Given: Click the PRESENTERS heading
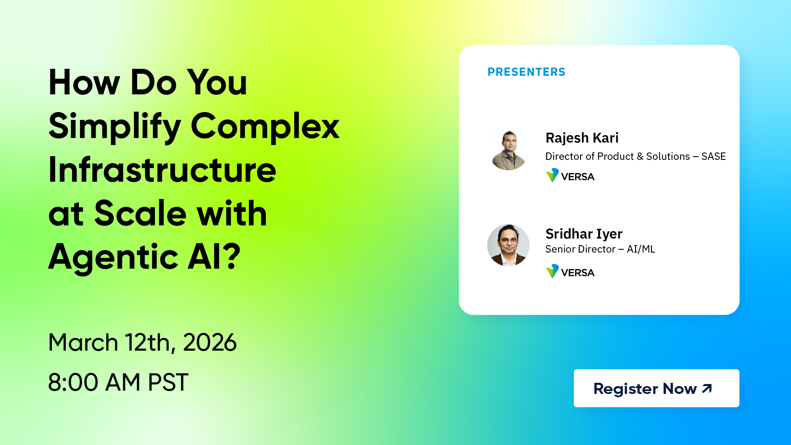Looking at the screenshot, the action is coord(526,72).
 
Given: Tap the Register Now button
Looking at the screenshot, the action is coord(656,388).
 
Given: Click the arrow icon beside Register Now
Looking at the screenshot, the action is coord(707,389).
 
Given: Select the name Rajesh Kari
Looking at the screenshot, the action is coord(582,138).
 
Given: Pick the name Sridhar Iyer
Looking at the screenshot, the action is coord(584,234).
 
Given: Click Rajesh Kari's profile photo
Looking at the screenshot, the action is coord(508,150).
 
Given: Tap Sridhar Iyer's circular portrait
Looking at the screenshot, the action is coord(508,245).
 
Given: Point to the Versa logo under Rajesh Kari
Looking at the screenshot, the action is coord(570,176).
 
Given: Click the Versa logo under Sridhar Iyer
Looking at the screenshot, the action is coord(570,272).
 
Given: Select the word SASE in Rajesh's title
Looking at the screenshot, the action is coord(714,157).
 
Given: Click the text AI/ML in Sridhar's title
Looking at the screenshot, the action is coord(641,249).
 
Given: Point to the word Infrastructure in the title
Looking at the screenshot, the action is coord(162,170).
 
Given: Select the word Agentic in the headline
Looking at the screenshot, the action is coord(113,258).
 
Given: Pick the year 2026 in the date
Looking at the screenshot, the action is coord(210,342).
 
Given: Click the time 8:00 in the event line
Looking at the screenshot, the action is coord(73,382).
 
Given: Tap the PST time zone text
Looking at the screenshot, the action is coord(168,382).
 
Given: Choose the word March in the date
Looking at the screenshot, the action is coord(83,342).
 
